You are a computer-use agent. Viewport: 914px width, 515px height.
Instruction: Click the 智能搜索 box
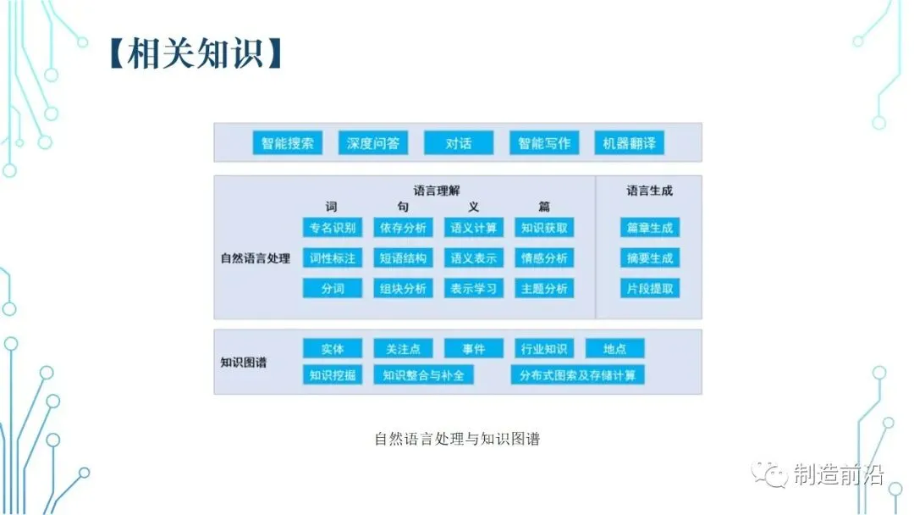tap(288, 143)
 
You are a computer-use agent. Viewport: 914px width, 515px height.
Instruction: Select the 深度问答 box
tap(373, 143)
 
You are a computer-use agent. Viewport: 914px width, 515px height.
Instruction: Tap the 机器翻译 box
tap(629, 143)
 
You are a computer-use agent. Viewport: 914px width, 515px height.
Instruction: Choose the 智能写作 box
tap(544, 143)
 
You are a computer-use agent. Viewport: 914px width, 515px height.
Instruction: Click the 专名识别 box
tap(333, 228)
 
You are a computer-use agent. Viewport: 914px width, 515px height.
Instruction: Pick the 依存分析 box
tap(404, 228)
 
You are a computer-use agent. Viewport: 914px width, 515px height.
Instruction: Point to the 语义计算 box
tap(474, 228)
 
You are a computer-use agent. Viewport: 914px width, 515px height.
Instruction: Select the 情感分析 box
tap(544, 258)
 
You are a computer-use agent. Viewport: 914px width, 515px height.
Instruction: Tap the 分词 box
tap(333, 289)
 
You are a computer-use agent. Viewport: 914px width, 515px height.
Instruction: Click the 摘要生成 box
tap(650, 258)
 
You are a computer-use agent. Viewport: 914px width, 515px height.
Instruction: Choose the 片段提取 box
tap(650, 289)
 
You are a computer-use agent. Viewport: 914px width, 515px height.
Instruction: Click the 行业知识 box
tap(544, 349)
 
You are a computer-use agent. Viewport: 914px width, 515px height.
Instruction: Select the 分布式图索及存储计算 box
tap(577, 374)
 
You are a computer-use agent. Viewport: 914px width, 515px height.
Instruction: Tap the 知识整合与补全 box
tap(423, 374)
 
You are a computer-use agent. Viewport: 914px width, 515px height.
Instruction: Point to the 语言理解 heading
tap(437, 191)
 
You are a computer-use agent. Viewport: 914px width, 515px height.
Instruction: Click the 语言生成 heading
tap(650, 191)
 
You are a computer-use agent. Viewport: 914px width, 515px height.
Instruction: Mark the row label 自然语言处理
tap(256, 258)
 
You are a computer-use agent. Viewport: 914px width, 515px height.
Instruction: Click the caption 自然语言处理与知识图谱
tap(457, 439)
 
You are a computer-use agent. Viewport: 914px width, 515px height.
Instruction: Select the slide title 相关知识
tap(195, 53)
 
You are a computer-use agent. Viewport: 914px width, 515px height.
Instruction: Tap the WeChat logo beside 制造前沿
tap(771, 474)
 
